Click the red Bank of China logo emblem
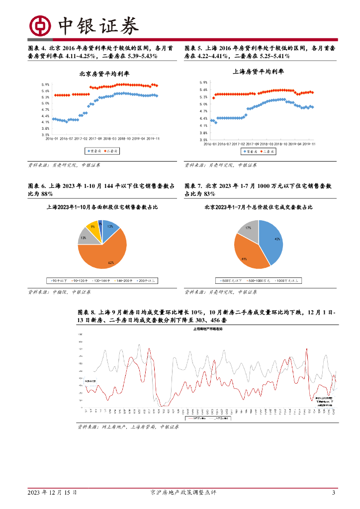pos(40,25)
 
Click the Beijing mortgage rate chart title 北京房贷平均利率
pos(104,74)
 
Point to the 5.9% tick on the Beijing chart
pos(45,85)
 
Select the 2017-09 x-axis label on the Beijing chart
pos(94,139)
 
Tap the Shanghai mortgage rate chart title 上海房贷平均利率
pos(259,72)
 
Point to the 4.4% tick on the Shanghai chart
pos(203,118)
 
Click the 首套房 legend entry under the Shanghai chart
pos(251,151)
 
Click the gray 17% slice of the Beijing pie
pos(247,228)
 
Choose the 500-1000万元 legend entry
pos(258,281)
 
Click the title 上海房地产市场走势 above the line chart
pos(208,329)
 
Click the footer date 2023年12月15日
pos(52,493)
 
